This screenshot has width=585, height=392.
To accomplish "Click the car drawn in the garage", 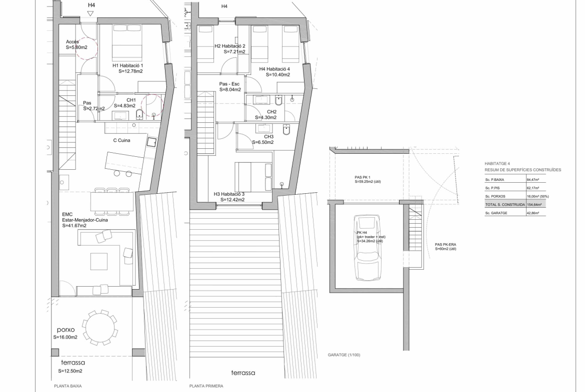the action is tap(368, 247).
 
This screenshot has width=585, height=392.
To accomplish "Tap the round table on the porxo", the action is tap(98, 327).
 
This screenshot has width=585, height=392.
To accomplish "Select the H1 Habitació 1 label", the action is tap(127, 65).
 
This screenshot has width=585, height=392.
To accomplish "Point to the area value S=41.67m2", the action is tap(74, 225).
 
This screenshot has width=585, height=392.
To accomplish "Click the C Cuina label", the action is tap(121, 140).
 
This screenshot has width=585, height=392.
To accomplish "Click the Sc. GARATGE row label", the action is tap(496, 213).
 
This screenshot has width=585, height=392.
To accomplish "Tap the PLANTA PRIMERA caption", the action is tap(206, 386).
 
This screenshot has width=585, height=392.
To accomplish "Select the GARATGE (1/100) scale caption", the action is tap(344, 355).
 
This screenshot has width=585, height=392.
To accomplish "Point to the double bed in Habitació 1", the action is tap(127, 40).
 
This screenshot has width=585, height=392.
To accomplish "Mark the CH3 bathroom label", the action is tap(268, 137).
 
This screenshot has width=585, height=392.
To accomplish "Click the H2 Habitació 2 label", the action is tap(230, 46).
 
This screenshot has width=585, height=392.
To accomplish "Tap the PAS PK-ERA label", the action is tap(445, 245).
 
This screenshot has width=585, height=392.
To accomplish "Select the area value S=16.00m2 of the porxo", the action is tap(65, 337).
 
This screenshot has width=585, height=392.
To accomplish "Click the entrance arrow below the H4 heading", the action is tap(90, 14).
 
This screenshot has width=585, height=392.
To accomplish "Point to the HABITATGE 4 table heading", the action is tap(497, 164).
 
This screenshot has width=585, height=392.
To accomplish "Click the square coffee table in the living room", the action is tap(99, 261).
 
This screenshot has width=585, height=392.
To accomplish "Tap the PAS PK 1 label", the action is tap(362, 177).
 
